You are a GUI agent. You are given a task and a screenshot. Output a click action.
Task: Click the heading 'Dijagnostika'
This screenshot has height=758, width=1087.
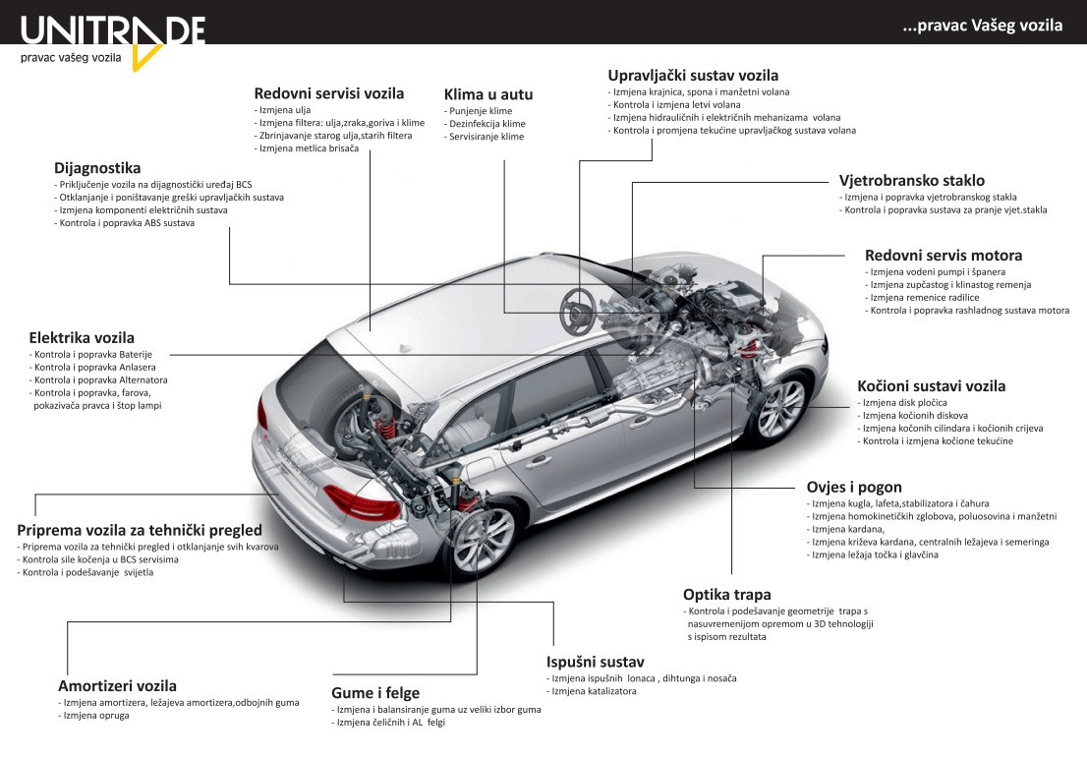pos(97,168)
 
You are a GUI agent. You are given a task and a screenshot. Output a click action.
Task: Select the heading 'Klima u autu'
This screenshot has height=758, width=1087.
pos(488,94)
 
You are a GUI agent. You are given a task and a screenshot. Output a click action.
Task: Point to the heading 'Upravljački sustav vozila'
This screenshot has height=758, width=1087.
pos(693,76)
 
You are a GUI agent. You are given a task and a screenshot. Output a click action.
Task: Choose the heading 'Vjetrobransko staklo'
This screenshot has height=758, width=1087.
pos(911,181)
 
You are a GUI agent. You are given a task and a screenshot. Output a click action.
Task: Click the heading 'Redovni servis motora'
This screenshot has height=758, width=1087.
pos(944,256)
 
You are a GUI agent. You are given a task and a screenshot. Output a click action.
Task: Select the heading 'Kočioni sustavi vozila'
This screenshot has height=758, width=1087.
pos(931,386)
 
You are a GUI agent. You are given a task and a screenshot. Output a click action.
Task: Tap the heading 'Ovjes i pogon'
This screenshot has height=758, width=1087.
pos(854,487)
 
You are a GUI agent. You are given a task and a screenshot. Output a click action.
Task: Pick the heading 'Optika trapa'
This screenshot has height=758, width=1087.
pos(726,594)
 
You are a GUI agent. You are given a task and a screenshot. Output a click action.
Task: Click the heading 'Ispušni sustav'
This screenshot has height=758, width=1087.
pos(595,662)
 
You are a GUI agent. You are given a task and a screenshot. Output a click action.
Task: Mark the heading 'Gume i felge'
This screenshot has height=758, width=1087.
pos(375,693)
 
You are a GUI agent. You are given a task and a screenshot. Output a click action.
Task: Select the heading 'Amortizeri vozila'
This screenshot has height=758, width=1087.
pos(117,686)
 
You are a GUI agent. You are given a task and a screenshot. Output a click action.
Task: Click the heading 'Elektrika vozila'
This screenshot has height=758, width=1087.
pos(82,337)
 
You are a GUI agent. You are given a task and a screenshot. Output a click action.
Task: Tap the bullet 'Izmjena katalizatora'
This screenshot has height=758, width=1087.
pos(594,691)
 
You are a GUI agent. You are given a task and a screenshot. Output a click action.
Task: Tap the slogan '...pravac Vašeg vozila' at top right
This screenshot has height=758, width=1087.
pos(982,27)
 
